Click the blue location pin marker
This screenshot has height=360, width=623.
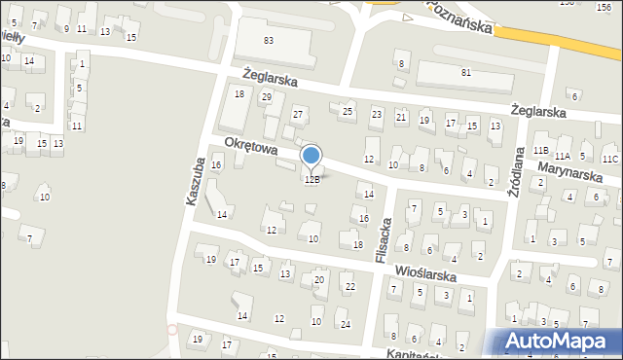[x=311, y=156]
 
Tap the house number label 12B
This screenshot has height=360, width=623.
[x=311, y=180]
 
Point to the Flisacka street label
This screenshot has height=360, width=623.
[x=383, y=237]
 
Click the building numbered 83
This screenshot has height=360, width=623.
[x=269, y=40]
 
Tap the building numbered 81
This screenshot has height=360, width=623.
[x=466, y=73]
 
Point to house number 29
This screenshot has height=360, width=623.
[x=266, y=96]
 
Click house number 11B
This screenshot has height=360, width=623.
[x=540, y=151]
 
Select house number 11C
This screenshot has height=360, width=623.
[x=609, y=159]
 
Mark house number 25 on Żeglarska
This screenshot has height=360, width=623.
[x=348, y=112]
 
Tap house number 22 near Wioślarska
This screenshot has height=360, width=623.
[x=349, y=286]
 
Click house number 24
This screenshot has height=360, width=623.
[x=345, y=324]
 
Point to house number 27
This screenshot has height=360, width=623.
[x=299, y=115]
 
